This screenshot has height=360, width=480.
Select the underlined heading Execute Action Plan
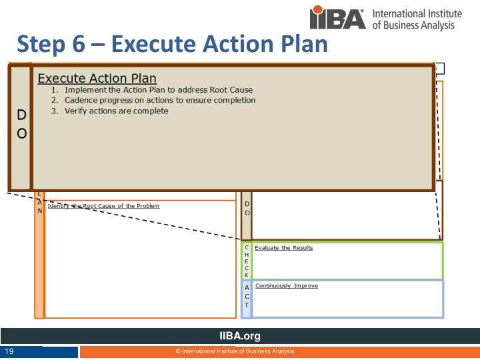point(97,78)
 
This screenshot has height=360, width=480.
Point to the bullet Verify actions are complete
point(117,111)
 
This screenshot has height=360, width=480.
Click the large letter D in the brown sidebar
point(21,116)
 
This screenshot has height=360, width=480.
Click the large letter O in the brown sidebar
point(21,133)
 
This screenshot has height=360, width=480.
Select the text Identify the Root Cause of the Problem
point(103,206)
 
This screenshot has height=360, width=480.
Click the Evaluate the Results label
point(283,248)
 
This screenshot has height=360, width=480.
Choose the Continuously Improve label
point(286,286)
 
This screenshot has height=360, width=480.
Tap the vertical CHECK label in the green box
point(247,261)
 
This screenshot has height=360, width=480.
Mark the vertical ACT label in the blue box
point(247,296)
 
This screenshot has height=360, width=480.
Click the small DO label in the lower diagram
point(247,208)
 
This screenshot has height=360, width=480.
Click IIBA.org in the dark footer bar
point(240,336)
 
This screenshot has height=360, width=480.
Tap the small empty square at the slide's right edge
point(440,68)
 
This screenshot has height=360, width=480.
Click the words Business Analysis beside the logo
point(426,25)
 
